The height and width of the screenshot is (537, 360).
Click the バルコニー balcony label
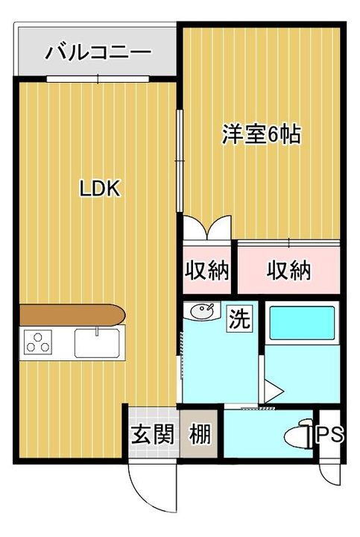98,53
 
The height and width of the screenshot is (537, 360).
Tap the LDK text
100,189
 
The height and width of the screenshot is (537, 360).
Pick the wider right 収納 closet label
288,271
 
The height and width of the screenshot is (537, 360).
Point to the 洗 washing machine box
240,320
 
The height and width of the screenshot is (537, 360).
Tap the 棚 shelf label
198,435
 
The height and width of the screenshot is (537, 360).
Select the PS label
331,435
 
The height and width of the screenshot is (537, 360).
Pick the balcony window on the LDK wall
98,78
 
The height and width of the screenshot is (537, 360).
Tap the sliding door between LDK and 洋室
179,160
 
